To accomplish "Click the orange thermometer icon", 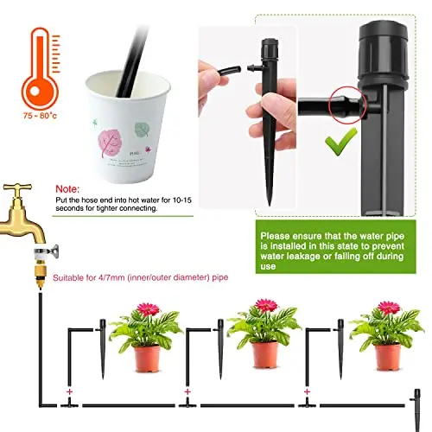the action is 40,69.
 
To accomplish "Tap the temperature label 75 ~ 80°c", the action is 40,116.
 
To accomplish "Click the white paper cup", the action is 128,127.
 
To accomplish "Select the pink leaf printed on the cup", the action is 109,143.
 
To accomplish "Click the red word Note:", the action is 67,189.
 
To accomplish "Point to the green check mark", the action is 341,142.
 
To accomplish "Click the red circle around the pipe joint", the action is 348,105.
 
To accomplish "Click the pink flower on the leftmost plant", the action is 148,309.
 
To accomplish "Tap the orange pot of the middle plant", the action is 265,355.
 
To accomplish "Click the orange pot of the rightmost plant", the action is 388,357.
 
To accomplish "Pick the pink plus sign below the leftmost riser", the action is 69,391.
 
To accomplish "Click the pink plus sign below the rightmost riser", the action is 307,391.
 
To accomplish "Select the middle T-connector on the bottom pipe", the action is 187,403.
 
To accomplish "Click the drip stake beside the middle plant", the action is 220,349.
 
